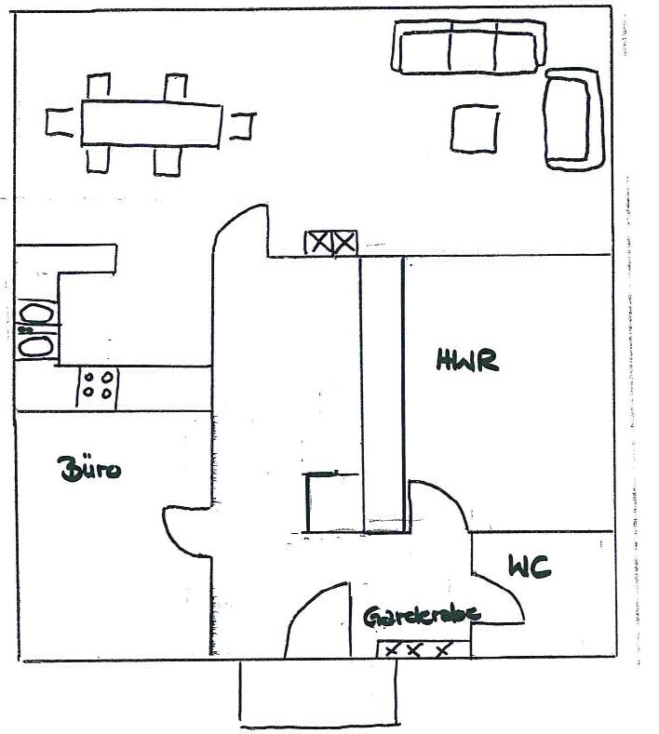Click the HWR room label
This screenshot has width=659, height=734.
coord(467,360)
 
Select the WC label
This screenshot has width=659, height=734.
coord(529,566)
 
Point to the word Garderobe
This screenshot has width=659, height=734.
coord(422,615)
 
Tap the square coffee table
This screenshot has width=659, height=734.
coord(475,128)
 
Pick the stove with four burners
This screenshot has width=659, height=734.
coord(97,385)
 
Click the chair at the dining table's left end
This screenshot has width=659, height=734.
coord(60,123)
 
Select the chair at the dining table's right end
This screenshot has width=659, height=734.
coord(243,125)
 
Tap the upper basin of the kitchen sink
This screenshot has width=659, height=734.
coord(36,313)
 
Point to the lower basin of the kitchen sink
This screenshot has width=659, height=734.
coord(36,345)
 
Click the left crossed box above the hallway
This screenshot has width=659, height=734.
coord(318,243)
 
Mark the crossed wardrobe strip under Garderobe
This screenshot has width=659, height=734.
coord(418,649)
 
